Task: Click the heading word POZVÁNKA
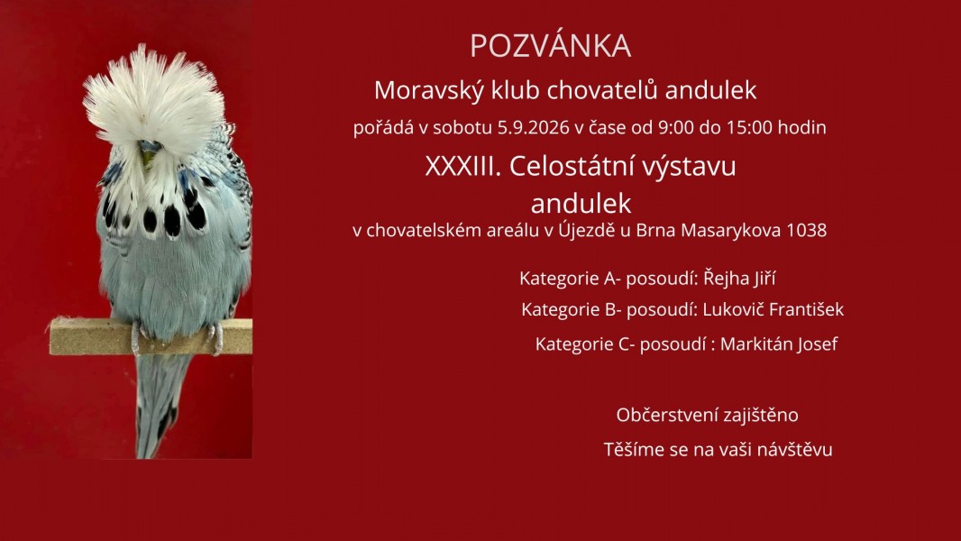pyautogui.click(x=551, y=46)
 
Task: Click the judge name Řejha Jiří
pyautogui.click(x=739, y=278)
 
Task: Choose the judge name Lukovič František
pyautogui.click(x=773, y=308)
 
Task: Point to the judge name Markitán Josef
pyautogui.click(x=778, y=344)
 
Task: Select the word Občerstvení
pyautogui.click(x=667, y=415)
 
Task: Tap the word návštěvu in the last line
pyautogui.click(x=794, y=449)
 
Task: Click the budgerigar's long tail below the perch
pyautogui.click(x=158, y=404)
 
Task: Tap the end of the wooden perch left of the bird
pyautogui.click(x=50, y=336)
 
